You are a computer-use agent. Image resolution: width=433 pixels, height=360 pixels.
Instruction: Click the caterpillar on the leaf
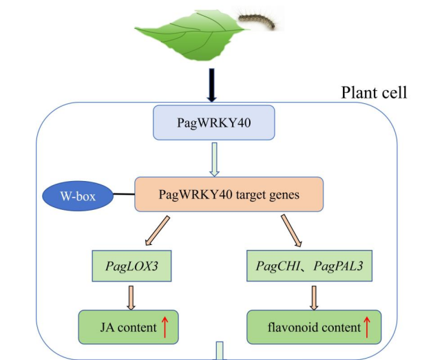[x=257, y=21]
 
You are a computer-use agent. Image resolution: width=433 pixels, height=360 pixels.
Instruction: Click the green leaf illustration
[x=191, y=35]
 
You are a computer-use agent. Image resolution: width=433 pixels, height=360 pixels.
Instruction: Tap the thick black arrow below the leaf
[x=212, y=85]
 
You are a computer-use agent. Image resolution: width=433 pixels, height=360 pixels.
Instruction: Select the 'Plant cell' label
[x=374, y=92]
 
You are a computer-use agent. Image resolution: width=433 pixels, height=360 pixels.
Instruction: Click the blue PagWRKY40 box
[x=214, y=123]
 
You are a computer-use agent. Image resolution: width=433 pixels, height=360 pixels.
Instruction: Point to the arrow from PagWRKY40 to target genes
[x=214, y=159]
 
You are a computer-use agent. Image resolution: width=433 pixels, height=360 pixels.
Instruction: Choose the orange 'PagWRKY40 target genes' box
[x=229, y=194]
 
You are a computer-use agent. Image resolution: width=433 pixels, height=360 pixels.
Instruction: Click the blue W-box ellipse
[x=78, y=196]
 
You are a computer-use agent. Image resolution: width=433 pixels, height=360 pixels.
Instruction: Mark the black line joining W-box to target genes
[x=124, y=194]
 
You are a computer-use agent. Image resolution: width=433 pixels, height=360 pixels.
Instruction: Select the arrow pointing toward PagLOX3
[x=157, y=231]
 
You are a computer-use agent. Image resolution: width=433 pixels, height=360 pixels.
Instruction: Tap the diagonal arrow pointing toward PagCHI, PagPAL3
[x=291, y=231]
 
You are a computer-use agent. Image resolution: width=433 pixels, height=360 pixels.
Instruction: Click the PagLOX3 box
[x=131, y=266]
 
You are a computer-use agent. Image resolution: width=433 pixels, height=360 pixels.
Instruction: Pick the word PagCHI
[x=278, y=266]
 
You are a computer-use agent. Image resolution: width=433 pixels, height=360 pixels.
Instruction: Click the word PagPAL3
[x=338, y=266]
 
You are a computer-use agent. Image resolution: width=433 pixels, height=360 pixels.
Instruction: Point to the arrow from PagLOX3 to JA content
[x=131, y=298]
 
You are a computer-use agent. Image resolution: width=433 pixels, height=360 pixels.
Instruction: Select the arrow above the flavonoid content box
[x=314, y=298]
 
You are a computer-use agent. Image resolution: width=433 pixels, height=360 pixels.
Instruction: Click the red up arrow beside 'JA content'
[x=165, y=327]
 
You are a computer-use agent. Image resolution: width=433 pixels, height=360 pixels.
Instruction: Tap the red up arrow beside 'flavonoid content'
[x=367, y=327]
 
